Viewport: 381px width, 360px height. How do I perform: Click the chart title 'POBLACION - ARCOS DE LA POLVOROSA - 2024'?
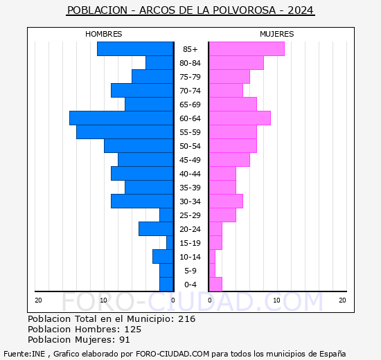coord(190,10)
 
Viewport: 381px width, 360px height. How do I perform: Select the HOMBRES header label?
coord(104,34)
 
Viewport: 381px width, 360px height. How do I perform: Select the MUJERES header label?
coord(276,34)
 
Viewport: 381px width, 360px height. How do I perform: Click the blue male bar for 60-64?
coord(121,118)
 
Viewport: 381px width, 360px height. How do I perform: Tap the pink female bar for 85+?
coord(246,49)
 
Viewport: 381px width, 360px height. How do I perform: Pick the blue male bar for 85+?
coord(135,49)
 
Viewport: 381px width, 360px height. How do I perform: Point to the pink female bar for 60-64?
coord(239,118)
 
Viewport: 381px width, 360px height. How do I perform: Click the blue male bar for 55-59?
coord(125,132)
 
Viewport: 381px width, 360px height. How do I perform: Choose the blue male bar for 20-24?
coord(156,229)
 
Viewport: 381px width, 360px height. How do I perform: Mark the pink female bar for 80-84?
coord(236,63)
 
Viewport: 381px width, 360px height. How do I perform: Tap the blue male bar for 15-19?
coord(170,243)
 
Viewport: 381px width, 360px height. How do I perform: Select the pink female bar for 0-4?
coord(215,285)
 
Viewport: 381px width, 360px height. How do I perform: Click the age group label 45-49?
coord(190,160)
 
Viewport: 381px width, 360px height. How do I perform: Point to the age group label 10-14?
coord(190,257)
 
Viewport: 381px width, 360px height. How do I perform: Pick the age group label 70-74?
coord(190,91)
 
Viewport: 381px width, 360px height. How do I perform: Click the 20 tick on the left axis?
coord(39,300)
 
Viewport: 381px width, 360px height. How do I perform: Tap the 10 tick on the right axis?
coord(276,300)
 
